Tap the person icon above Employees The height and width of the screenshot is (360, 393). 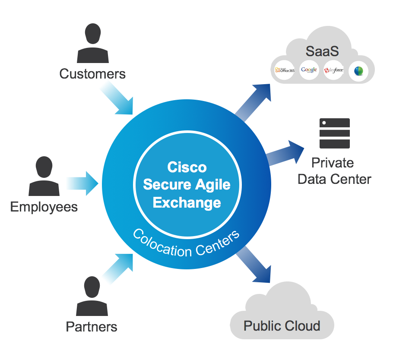pos(44,176)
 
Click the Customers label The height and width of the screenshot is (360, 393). pos(92,74)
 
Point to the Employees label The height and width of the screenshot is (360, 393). pos(44,207)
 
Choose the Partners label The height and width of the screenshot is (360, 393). pos(92,326)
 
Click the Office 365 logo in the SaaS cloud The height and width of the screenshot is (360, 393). pos(284,70)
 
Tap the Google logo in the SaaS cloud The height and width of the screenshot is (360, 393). pos(309,70)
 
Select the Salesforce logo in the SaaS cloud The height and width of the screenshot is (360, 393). pos(333,70)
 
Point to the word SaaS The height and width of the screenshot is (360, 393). pos(322,51)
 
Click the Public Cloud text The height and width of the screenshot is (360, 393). pos(282,325)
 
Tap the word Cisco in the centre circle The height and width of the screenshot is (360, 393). pos(187,167)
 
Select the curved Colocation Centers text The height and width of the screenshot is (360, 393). pos(186,243)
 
